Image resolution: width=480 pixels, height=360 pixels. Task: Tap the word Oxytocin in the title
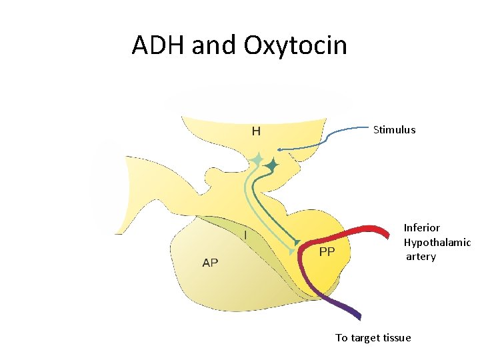coord(295,45)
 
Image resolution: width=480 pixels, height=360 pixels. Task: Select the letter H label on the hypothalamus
coord(256,131)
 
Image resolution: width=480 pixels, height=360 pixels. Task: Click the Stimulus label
coord(394,130)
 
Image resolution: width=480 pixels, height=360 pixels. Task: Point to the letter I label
coord(245,235)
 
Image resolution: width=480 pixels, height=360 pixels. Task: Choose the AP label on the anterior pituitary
coord(210,263)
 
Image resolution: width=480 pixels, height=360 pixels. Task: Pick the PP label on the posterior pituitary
coord(327,251)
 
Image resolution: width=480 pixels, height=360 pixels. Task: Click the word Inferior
coord(422,228)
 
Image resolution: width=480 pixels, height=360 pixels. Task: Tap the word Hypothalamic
coord(437,242)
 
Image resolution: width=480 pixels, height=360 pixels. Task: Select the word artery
coord(421,257)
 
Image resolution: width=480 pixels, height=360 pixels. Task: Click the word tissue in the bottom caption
coord(393,338)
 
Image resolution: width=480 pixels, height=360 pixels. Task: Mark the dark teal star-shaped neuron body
coord(271,164)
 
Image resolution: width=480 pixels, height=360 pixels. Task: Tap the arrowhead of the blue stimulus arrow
coord(279,149)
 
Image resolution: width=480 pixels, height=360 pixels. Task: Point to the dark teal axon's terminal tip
coord(297,241)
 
